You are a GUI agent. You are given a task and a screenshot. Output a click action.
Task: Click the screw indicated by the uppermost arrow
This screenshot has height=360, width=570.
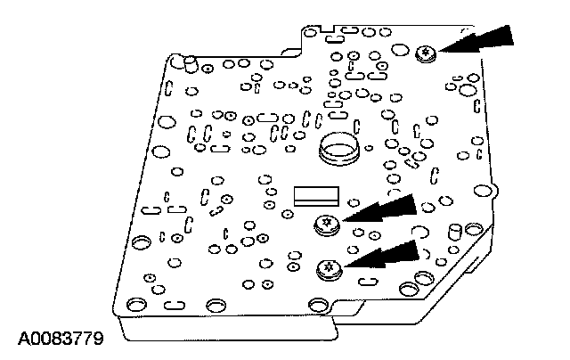pos(425,54)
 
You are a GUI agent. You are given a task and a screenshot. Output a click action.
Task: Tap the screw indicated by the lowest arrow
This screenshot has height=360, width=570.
pos(328,266)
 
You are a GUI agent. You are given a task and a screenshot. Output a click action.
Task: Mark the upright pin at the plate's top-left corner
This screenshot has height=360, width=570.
pos(180,61)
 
